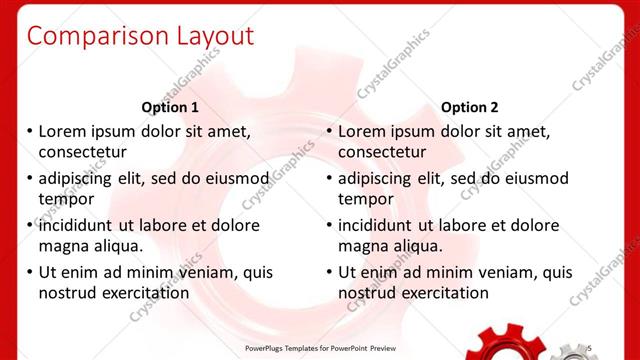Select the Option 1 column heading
(x=170, y=107)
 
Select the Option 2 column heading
(x=469, y=107)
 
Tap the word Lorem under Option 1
(x=64, y=131)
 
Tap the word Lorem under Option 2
(x=364, y=131)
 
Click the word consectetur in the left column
(x=82, y=152)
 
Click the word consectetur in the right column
(x=382, y=152)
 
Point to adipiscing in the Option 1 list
(x=77, y=179)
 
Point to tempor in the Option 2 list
(x=366, y=199)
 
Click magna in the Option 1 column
(x=63, y=246)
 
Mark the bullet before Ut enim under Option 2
(x=329, y=272)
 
